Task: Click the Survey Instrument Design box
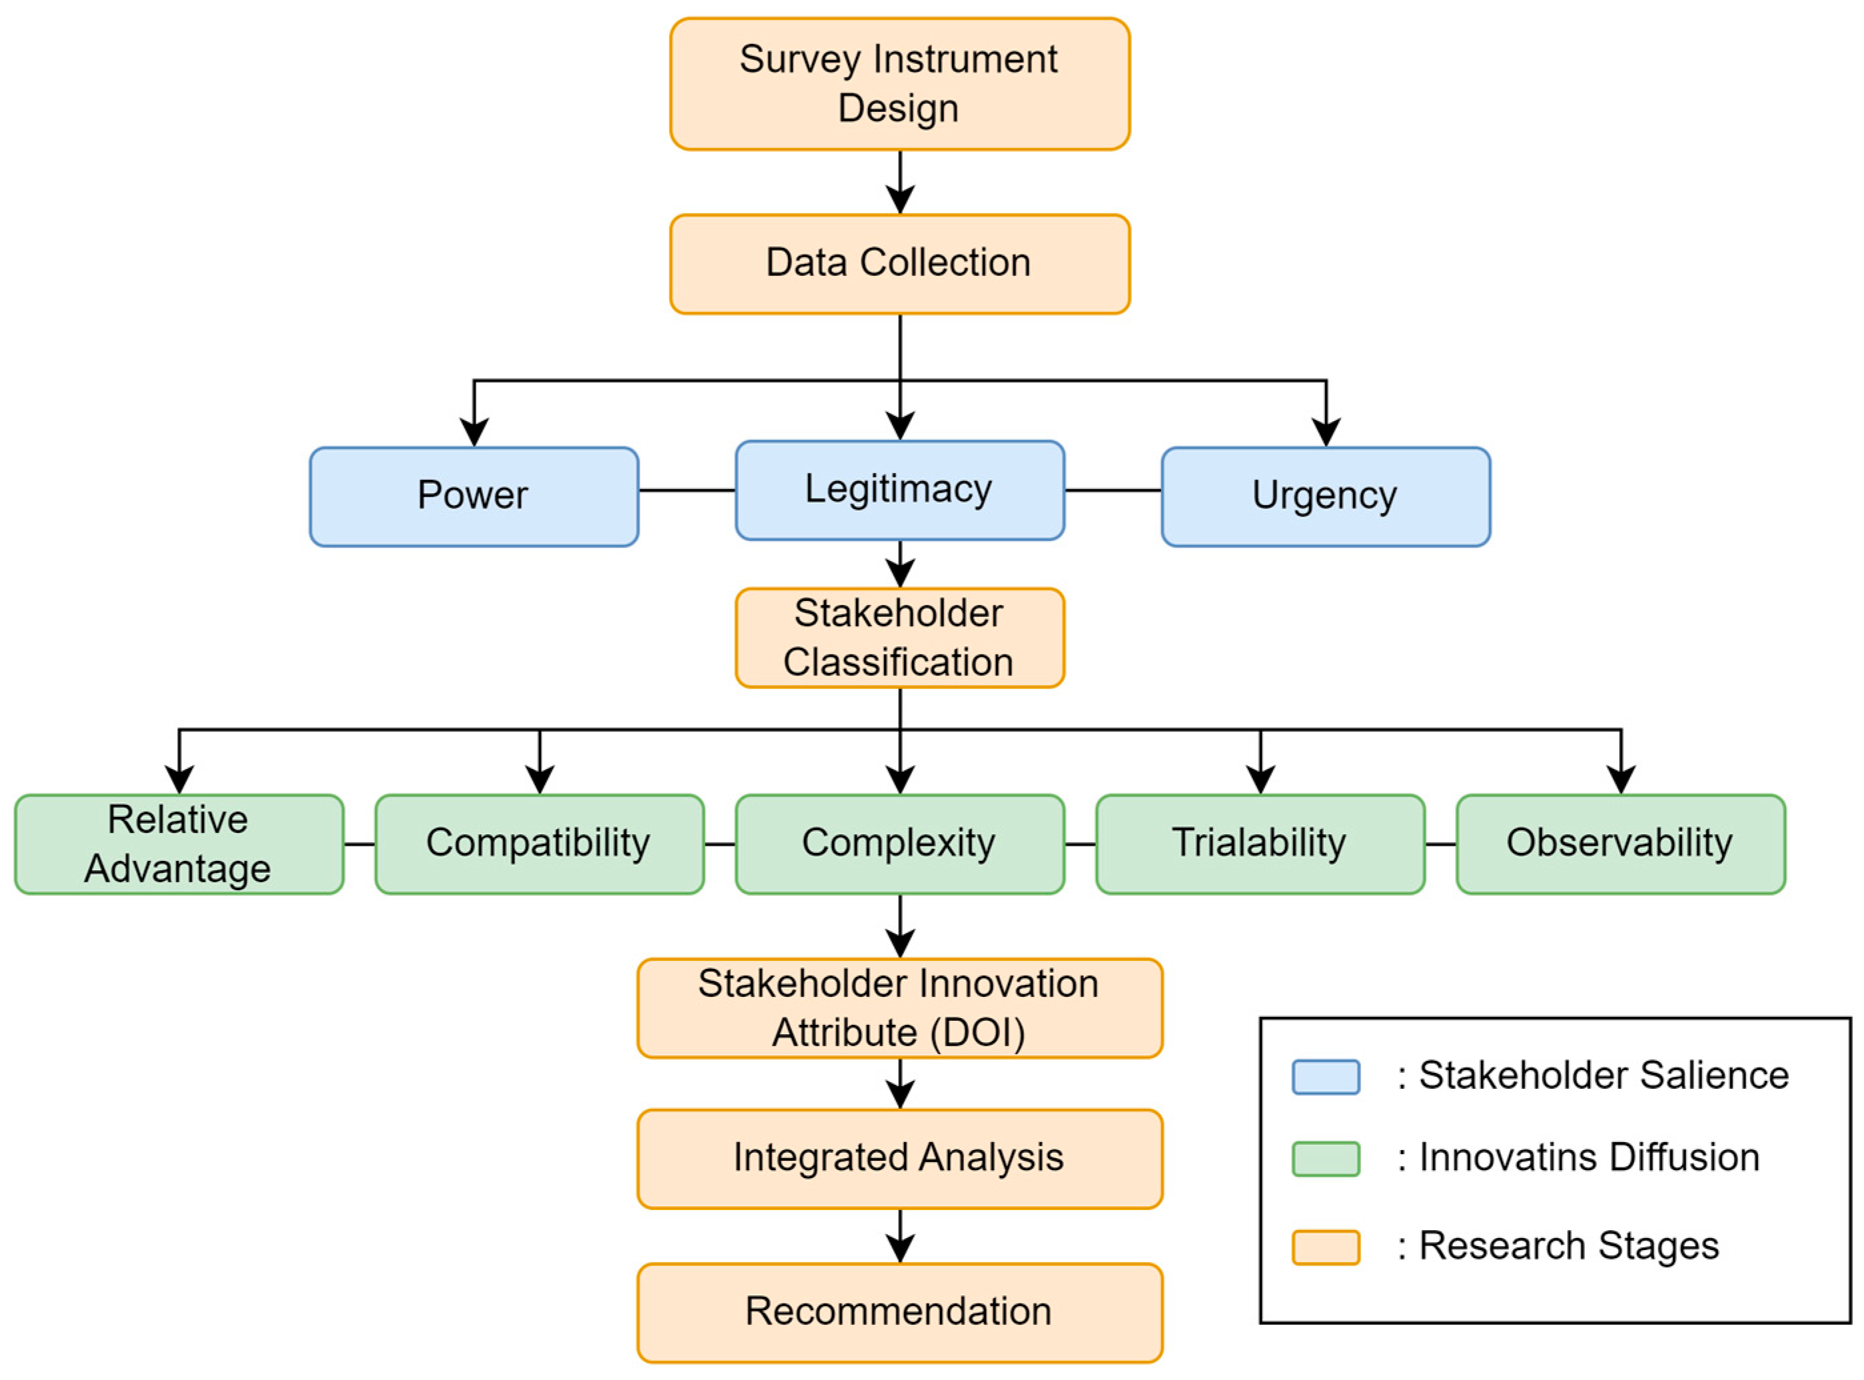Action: [x=899, y=83]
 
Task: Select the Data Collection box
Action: [x=899, y=263]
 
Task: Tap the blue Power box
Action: [x=474, y=496]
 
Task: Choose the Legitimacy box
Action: [x=899, y=490]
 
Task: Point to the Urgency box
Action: [x=1325, y=496]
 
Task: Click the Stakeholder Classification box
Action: [x=899, y=638]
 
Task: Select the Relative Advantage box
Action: [x=179, y=844]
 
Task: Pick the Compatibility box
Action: [x=539, y=844]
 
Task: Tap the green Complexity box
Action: [x=899, y=844]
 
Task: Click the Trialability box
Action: [x=1259, y=844]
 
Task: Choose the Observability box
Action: [x=1620, y=844]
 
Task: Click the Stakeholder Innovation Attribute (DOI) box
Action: [x=899, y=1008]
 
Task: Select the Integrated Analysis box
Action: [x=899, y=1159]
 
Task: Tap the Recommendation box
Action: [x=899, y=1312]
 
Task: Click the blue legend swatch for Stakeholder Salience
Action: [x=1325, y=1077]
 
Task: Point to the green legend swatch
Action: [x=1325, y=1159]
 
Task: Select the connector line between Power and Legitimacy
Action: [x=686, y=490]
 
